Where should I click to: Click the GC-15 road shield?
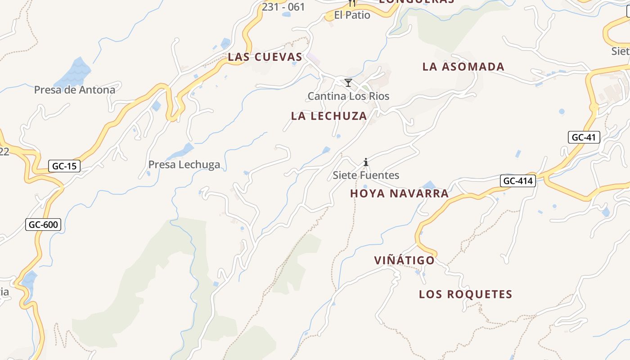(x=64, y=166)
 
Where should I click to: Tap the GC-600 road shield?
(x=43, y=224)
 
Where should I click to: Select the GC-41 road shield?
(x=584, y=137)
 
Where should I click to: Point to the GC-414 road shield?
(x=518, y=181)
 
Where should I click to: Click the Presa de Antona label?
(x=75, y=90)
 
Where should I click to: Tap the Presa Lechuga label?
(x=184, y=165)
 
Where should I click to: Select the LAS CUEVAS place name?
(x=265, y=57)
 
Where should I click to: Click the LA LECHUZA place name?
(x=329, y=116)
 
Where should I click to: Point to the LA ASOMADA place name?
(x=463, y=67)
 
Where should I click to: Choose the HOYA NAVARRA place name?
(x=399, y=194)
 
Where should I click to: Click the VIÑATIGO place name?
(x=405, y=261)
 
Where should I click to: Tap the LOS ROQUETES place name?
(x=466, y=294)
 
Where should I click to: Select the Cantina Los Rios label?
(x=348, y=96)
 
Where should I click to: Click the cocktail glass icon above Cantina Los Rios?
(x=348, y=83)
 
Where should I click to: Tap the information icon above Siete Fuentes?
(x=366, y=162)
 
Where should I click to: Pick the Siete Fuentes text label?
(x=366, y=175)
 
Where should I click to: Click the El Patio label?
(x=352, y=15)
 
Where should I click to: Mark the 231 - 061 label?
(x=283, y=7)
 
